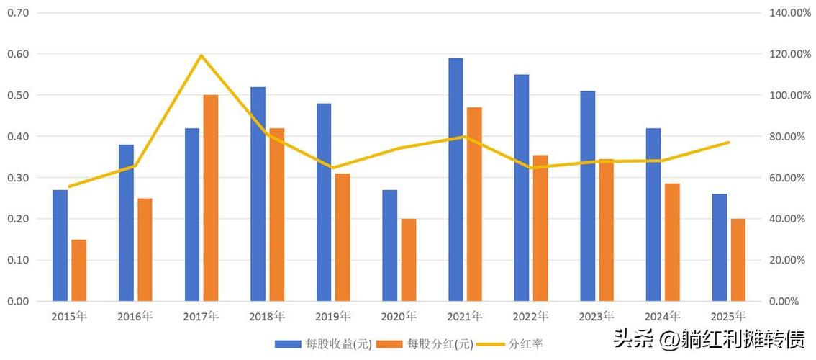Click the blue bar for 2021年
coord(455,180)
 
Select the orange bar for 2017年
coord(211,198)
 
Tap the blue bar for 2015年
coord(60,246)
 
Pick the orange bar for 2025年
coord(738,260)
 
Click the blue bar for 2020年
coord(389,246)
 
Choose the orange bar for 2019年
coord(343,238)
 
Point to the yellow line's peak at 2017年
coord(201,55)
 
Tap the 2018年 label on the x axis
coord(267,316)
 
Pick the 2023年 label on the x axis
coord(597,316)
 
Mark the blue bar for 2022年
coord(522,188)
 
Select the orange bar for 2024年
coord(672,243)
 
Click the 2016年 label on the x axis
coord(135,316)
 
